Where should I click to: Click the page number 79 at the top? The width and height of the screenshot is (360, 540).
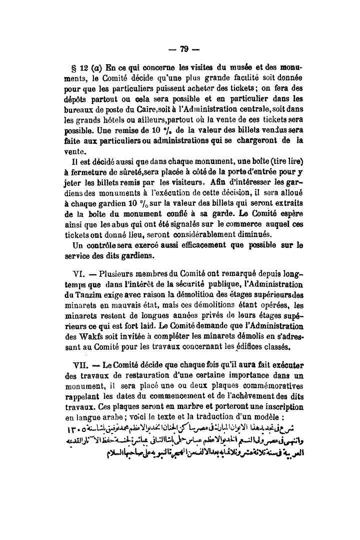183,49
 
